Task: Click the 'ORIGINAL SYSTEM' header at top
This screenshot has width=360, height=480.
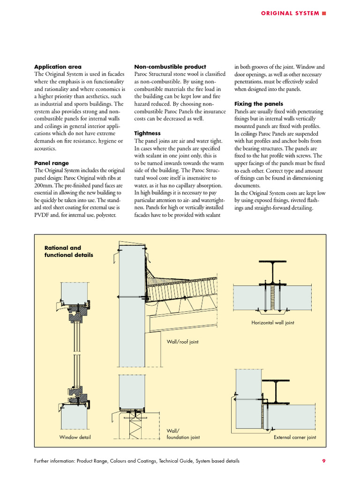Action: tap(290, 13)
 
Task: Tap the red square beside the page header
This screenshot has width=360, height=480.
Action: tap(324, 13)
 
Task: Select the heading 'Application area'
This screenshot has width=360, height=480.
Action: tap(58, 67)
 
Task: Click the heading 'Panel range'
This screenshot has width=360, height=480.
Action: tap(52, 163)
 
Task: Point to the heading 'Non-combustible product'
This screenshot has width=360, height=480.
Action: tap(170, 67)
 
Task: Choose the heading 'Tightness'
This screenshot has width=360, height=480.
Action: tap(147, 134)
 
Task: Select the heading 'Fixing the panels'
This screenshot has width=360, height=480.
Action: tap(258, 104)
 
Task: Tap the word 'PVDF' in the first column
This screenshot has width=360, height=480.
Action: tap(42, 215)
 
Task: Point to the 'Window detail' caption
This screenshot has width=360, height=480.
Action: tap(75, 437)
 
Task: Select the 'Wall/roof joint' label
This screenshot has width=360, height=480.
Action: tap(182, 342)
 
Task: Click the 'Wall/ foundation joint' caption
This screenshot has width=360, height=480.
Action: tap(183, 434)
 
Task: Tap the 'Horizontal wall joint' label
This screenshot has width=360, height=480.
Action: tap(273, 323)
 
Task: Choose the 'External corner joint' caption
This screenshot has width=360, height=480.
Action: tap(295, 437)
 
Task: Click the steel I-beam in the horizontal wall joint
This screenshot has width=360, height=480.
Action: tap(271, 286)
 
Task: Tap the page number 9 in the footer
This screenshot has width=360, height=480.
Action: tap(323, 461)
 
